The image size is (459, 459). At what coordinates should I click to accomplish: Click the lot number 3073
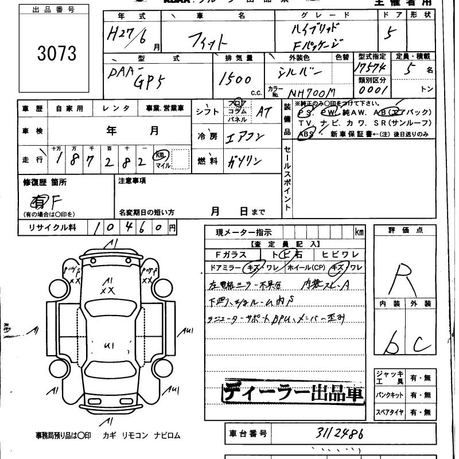[x=57, y=53]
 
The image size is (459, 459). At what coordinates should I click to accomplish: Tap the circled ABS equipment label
[x=306, y=134]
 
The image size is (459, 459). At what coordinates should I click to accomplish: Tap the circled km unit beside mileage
[x=162, y=155]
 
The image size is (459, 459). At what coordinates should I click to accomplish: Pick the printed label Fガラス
[x=231, y=255]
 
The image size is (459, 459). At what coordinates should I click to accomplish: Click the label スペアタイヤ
[x=390, y=412]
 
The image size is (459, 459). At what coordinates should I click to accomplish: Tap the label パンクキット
[x=390, y=395]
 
